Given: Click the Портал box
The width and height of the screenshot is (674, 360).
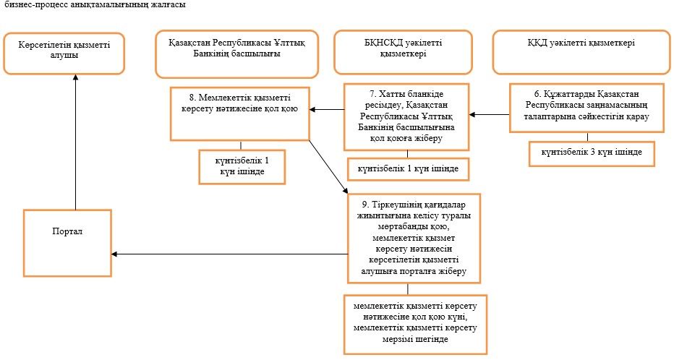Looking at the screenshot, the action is [x=67, y=243].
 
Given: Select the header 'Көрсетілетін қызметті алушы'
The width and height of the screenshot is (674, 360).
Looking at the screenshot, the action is [x=64, y=53].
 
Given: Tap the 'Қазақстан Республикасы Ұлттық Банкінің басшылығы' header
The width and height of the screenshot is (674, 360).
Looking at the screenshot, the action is [x=237, y=53].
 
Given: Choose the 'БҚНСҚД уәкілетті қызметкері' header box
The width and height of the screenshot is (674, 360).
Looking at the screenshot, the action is [x=404, y=52].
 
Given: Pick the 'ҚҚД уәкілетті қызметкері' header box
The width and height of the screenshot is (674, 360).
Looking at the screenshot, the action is [x=581, y=52].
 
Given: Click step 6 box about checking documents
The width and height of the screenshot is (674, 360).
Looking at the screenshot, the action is [x=586, y=108].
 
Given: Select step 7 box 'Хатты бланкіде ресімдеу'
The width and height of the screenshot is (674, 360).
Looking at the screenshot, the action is [x=406, y=117].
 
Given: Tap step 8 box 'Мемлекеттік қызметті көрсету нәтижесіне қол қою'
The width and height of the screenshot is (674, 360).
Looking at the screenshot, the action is [x=240, y=113].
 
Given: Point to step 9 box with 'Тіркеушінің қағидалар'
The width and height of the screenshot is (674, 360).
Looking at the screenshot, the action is [x=414, y=238].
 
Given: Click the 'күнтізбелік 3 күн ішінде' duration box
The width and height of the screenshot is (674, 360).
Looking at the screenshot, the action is [x=592, y=154].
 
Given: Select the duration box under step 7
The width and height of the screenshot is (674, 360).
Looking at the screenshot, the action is [x=408, y=169].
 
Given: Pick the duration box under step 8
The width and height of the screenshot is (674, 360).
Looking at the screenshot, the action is [x=242, y=167].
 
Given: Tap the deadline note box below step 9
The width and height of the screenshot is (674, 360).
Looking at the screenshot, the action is [x=415, y=325].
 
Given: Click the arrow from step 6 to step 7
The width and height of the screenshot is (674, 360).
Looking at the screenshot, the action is [x=489, y=115].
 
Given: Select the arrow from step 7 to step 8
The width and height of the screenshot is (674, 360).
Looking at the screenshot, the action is [x=327, y=110].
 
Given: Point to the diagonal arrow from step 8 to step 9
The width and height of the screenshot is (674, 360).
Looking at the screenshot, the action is [x=329, y=167].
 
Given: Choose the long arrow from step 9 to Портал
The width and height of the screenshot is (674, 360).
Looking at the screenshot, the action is [x=229, y=254].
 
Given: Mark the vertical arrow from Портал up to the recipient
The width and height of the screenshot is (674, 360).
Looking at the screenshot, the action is [x=76, y=142].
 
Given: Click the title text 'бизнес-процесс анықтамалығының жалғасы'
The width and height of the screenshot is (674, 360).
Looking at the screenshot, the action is [x=95, y=5].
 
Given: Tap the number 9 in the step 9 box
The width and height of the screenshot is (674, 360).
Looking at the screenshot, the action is [x=365, y=205].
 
